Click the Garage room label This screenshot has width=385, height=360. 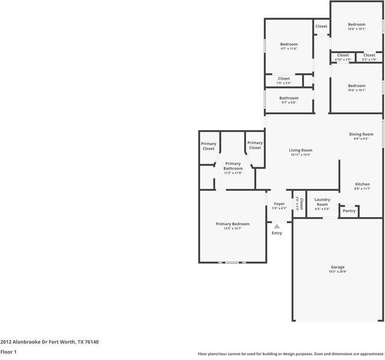point(337,267)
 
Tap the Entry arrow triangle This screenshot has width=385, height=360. point(277,226)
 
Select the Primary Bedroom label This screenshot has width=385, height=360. point(232,224)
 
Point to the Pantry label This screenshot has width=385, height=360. point(349,211)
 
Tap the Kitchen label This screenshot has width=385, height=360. point(362,184)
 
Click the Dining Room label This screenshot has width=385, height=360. point(361,134)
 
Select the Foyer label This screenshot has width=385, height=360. point(279,204)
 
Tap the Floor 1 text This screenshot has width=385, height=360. point(8,352)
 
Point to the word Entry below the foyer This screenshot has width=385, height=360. point(277,233)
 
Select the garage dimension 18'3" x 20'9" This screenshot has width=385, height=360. point(337,272)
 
